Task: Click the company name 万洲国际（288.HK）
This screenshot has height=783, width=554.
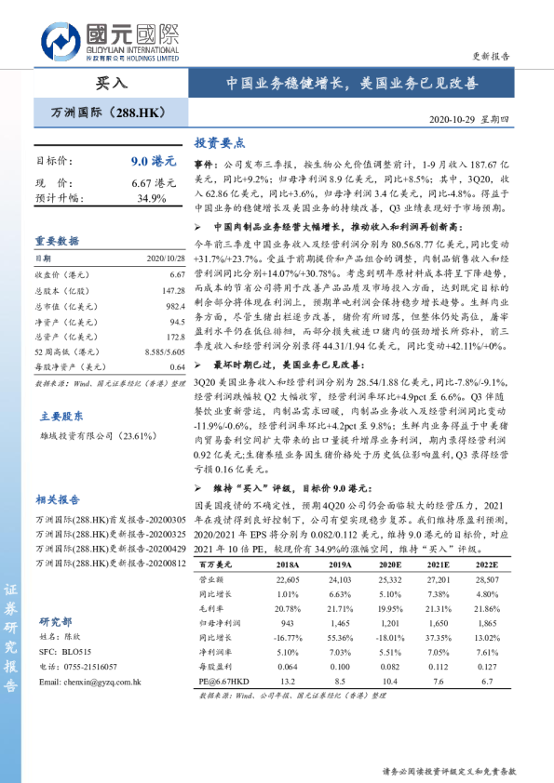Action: click(110, 113)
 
